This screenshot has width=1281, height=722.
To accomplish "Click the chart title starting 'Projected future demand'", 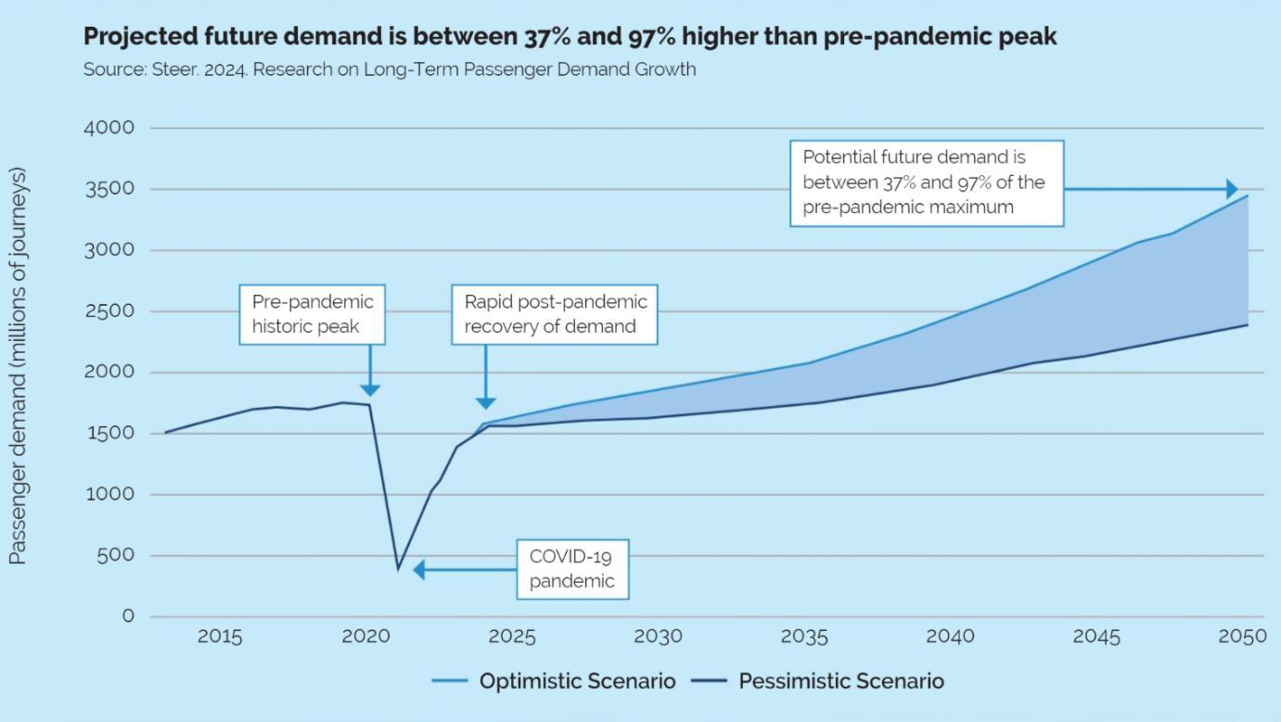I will click(x=570, y=37).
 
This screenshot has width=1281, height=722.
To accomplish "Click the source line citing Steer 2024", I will click(x=389, y=70).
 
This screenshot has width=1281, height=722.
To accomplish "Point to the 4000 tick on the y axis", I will click(x=109, y=128).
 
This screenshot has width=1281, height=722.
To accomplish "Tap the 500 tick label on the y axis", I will click(x=117, y=555).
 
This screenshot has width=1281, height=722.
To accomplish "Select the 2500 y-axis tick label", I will click(x=109, y=311).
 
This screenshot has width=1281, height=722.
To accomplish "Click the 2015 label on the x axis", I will click(x=220, y=637).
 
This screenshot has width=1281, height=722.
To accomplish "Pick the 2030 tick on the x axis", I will click(x=658, y=637).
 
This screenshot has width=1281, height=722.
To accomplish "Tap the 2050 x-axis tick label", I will click(x=1242, y=637).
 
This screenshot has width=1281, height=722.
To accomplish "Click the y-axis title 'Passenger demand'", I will click(x=18, y=366).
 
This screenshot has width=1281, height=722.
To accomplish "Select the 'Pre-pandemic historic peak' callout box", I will click(x=313, y=314).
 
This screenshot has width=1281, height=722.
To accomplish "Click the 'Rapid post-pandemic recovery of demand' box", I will click(x=555, y=314).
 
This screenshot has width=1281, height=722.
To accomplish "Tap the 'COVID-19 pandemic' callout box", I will click(x=572, y=569).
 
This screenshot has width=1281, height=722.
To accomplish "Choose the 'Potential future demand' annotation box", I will click(x=926, y=183).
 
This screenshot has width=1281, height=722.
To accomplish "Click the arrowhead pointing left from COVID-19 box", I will click(x=419, y=570).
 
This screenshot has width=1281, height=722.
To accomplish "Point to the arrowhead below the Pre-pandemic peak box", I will click(x=370, y=390).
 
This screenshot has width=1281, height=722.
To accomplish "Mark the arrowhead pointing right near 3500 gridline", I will click(x=1232, y=189).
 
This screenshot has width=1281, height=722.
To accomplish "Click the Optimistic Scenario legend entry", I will click(x=554, y=681).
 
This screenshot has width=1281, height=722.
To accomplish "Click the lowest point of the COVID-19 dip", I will click(x=398, y=568).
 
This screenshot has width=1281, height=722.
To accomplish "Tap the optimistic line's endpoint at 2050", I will click(x=1248, y=196).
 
